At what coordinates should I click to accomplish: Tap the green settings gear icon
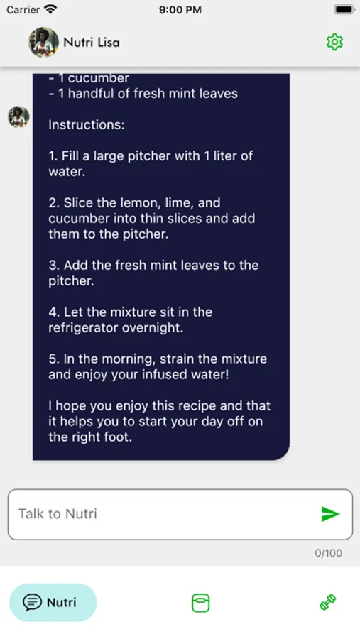click(x=334, y=42)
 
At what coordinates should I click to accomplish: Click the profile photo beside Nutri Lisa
click(x=43, y=42)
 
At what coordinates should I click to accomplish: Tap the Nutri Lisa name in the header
click(x=92, y=42)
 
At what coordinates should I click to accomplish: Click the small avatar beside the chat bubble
click(x=18, y=117)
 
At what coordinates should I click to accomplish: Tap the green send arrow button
click(x=330, y=514)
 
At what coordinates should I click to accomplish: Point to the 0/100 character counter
click(x=328, y=553)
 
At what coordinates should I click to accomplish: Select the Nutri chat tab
click(x=53, y=602)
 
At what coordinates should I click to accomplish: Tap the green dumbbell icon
click(x=328, y=603)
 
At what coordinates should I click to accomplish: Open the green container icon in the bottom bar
click(x=200, y=603)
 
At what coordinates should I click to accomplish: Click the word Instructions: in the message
click(x=87, y=125)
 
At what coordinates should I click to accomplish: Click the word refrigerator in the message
click(x=80, y=328)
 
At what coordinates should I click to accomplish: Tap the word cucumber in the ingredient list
click(x=98, y=78)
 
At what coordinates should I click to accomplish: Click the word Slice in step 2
click(x=77, y=202)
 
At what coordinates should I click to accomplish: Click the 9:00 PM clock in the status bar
click(x=180, y=10)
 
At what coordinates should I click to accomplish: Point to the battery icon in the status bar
click(x=344, y=9)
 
